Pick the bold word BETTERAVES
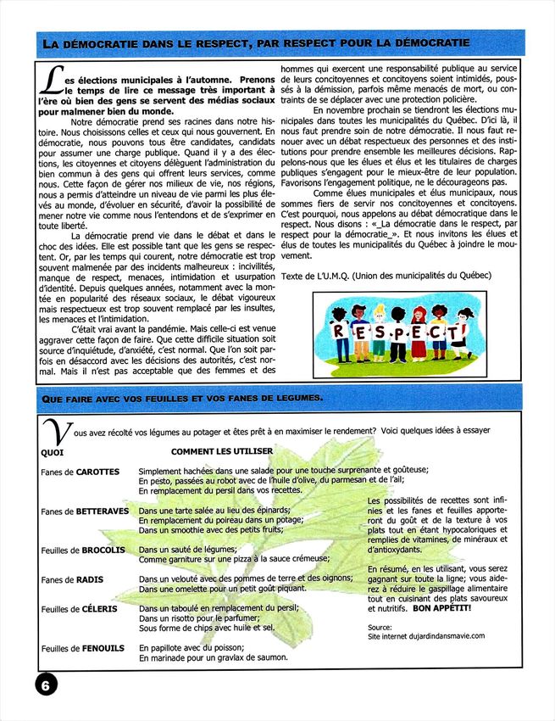pos(102,511)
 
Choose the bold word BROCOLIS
pos(103,550)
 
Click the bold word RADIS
pos(90,579)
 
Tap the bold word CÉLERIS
pos(100,608)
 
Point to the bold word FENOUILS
pos(103,648)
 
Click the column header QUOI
pos(52,452)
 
